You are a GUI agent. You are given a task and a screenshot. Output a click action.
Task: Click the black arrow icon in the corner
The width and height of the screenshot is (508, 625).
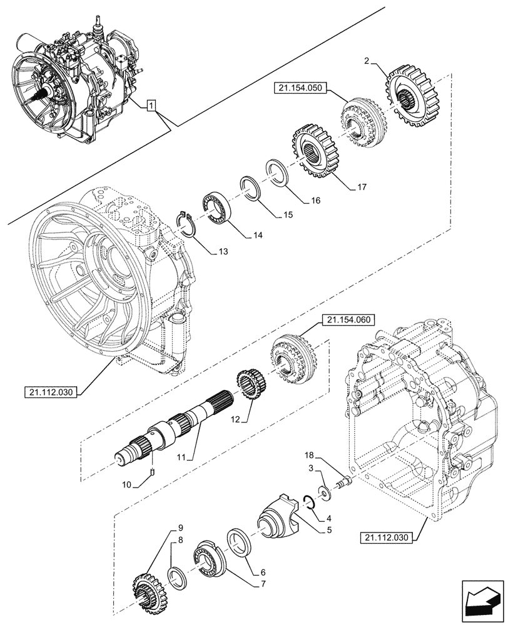click(x=482, y=602)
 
